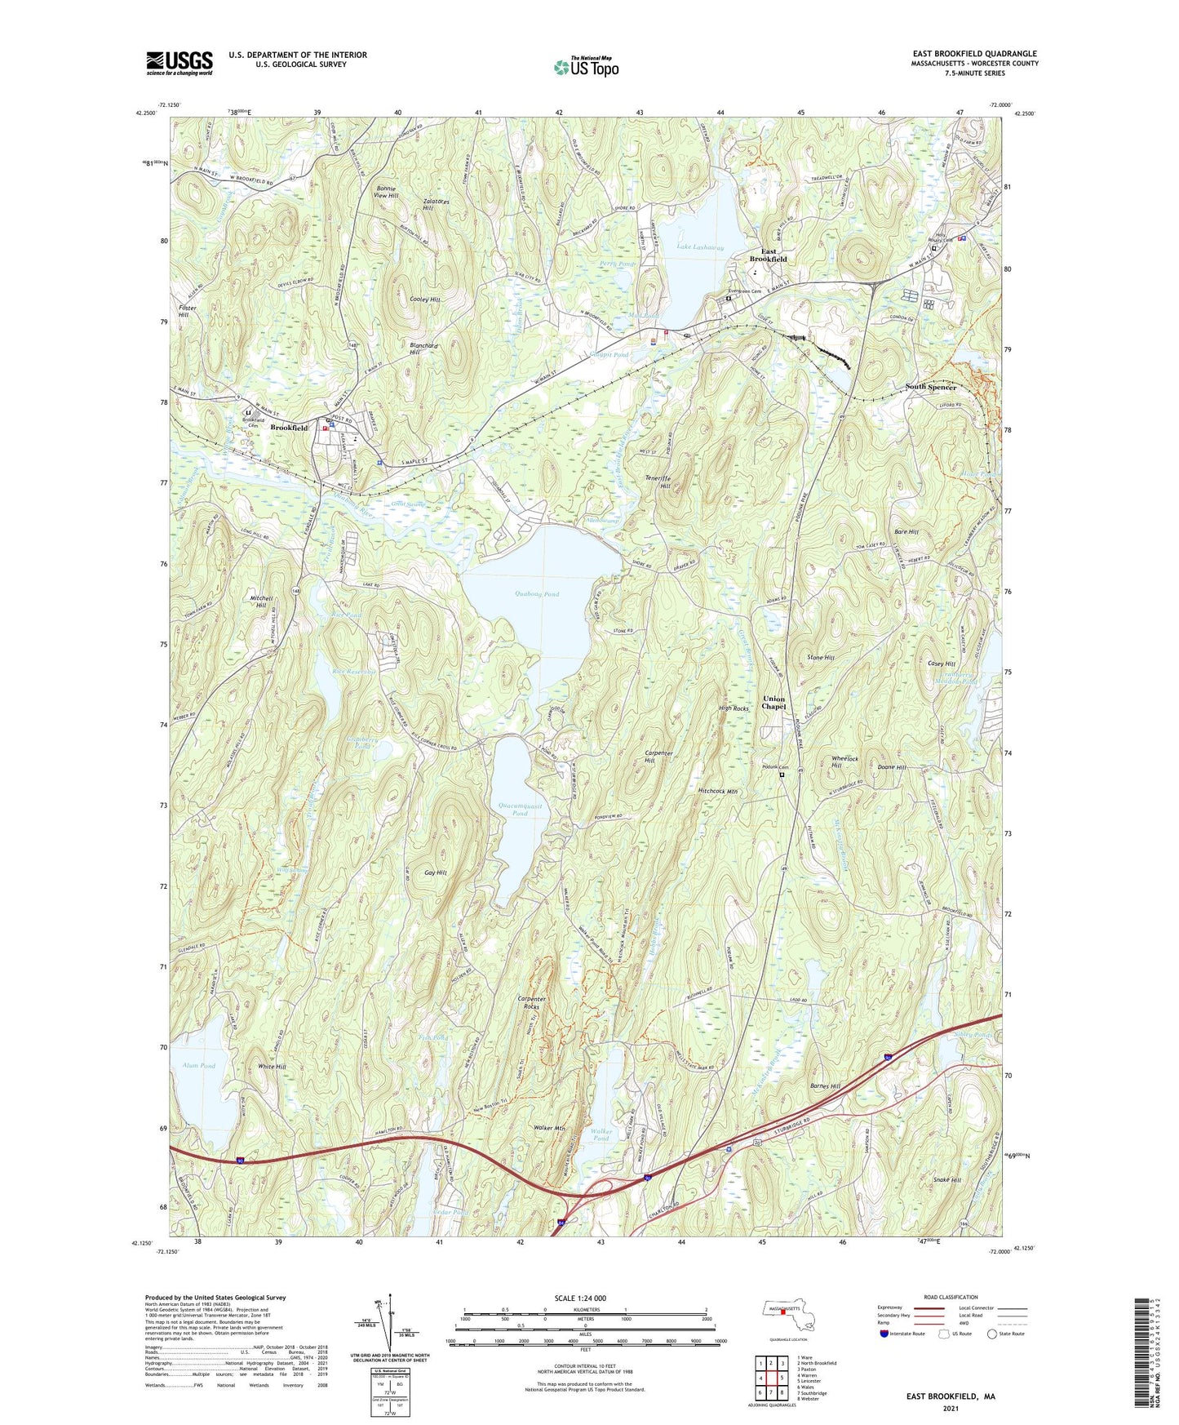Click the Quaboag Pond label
(x=537, y=594)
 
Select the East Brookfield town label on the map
(x=768, y=255)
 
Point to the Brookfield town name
(x=289, y=428)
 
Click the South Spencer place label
(x=930, y=387)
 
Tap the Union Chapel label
(x=773, y=703)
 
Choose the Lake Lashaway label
(x=700, y=247)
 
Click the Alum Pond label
(x=199, y=1066)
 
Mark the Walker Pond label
(x=601, y=1135)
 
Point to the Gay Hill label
(x=436, y=872)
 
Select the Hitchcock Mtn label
(x=718, y=791)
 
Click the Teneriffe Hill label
(x=658, y=482)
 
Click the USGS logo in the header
(x=180, y=63)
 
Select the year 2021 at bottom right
(x=950, y=1409)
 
